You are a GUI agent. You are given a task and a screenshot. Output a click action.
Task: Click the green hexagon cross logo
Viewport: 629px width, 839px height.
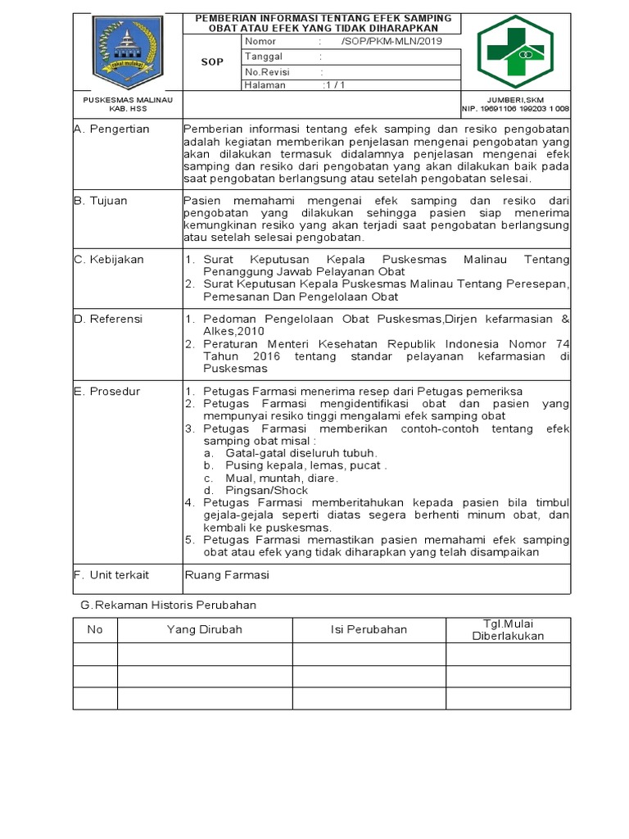tap(515, 52)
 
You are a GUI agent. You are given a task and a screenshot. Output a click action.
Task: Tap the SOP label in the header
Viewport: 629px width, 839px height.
tap(212, 61)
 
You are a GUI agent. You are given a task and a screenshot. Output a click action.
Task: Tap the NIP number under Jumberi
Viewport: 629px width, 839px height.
tap(516, 108)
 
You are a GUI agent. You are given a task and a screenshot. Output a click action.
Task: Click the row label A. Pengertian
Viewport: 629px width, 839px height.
tap(111, 129)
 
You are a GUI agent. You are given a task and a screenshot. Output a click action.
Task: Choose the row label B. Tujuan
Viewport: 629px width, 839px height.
tap(101, 201)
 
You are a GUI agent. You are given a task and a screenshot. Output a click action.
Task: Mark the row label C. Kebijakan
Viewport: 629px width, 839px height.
tap(109, 260)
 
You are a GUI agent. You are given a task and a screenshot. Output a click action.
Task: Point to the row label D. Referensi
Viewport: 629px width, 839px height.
tap(108, 319)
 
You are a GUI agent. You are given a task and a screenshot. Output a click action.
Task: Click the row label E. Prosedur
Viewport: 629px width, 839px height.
tap(106, 392)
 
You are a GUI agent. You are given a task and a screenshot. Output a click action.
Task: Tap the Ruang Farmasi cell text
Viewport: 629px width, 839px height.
tap(227, 575)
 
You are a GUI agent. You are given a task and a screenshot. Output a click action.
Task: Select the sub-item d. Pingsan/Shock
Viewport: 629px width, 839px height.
tap(248, 490)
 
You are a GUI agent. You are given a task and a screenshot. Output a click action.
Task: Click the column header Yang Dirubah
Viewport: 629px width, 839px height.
tap(204, 629)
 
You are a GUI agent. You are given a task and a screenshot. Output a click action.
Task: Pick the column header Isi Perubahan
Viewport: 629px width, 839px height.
tap(369, 629)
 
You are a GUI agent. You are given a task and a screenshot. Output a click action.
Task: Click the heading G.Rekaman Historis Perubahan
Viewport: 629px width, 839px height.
tap(169, 605)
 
